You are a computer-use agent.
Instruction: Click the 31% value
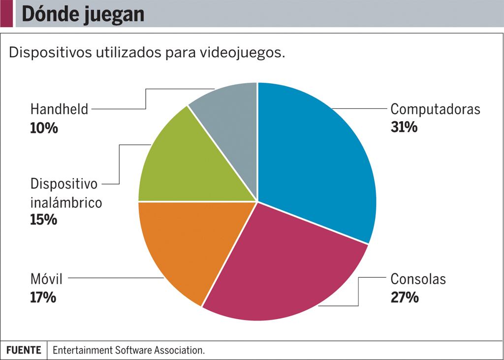click(x=404, y=127)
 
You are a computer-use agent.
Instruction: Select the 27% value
click(x=405, y=297)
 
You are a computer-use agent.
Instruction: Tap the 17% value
click(x=43, y=297)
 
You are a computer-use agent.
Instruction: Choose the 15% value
click(x=44, y=220)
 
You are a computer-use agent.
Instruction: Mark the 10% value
click(x=44, y=128)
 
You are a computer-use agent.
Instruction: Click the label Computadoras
click(x=435, y=109)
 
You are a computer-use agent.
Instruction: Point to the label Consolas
click(x=418, y=279)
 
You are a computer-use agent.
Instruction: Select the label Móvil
click(x=46, y=279)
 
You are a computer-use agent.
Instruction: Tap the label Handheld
click(x=59, y=109)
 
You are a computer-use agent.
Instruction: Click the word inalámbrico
click(x=66, y=202)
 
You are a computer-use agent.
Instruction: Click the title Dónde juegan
click(x=83, y=14)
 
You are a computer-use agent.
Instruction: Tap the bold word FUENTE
click(x=24, y=350)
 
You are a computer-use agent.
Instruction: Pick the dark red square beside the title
click(x=6, y=14)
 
